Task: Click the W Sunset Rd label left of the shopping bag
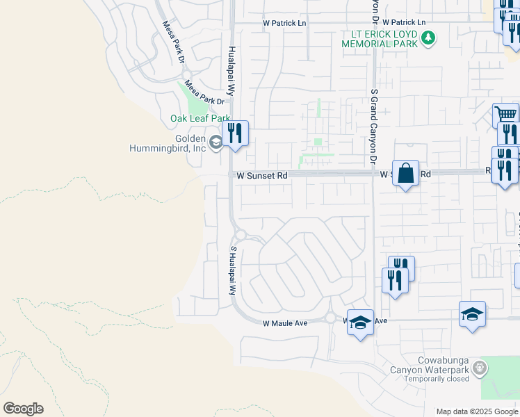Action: [262, 177]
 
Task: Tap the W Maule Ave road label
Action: [285, 323]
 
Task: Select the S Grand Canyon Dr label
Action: [373, 132]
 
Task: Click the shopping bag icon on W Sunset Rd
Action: [406, 172]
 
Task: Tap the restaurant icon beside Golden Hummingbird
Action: [235, 133]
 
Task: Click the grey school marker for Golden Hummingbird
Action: [217, 142]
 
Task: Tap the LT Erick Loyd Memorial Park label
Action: [380, 39]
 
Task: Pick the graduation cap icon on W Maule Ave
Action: [360, 322]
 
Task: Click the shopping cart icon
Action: [505, 115]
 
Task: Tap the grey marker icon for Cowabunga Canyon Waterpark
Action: [478, 366]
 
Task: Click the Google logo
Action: [23, 409]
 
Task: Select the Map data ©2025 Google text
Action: [476, 411]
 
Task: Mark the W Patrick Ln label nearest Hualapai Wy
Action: [284, 23]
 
